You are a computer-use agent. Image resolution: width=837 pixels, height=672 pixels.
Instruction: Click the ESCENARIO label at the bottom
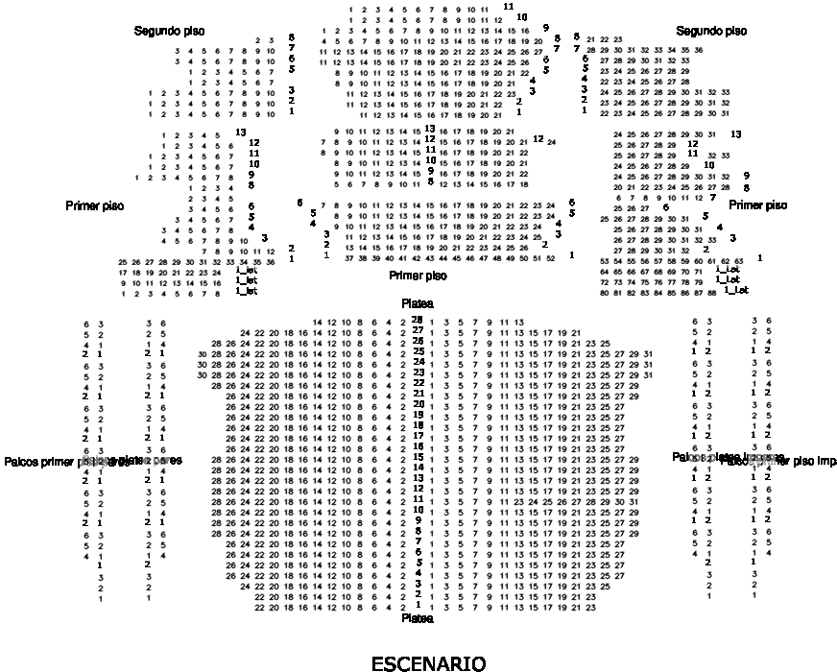(428, 663)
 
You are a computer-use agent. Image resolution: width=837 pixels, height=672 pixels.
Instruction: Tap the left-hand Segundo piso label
(169, 32)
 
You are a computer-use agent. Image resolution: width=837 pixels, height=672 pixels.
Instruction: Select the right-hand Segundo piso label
(711, 32)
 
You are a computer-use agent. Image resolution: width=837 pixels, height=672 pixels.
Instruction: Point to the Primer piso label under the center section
(418, 276)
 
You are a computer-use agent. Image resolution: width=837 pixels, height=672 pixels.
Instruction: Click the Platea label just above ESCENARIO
(418, 619)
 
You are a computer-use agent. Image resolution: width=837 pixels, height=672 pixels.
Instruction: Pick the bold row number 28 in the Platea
(418, 320)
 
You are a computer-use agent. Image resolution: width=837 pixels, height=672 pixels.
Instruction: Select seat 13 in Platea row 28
(518, 322)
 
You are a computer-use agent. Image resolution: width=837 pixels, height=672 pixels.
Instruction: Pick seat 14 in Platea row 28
(318, 322)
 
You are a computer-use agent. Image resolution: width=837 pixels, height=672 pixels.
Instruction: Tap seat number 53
(604, 261)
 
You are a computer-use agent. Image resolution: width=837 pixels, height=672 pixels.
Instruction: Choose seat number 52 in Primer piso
(550, 258)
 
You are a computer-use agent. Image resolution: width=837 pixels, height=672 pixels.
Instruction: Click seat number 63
(738, 261)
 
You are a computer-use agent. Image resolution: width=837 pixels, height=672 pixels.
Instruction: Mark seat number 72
(604, 283)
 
